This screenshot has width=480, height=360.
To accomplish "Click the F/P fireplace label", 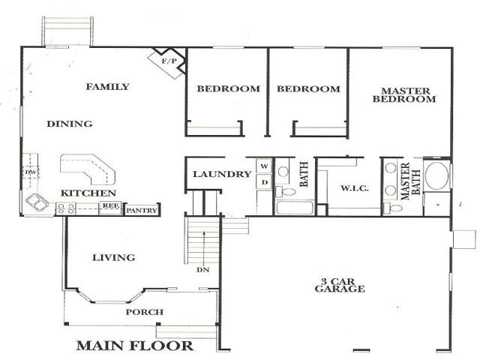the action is [169, 61].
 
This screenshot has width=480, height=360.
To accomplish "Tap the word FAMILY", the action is [108, 87].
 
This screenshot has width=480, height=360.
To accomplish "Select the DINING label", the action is [70, 124].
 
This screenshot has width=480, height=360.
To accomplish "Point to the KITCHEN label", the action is [88, 193].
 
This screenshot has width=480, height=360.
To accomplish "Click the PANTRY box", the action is [142, 210].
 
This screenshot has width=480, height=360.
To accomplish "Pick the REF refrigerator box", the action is [110, 208].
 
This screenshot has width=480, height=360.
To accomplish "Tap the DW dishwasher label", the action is [30, 172].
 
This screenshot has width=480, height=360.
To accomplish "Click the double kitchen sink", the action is [37, 202].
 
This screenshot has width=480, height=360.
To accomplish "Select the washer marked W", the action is [264, 166].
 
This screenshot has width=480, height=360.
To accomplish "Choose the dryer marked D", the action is [264, 182].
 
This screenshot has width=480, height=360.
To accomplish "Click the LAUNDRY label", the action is [222, 174].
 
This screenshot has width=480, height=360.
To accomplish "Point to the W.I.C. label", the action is [355, 188].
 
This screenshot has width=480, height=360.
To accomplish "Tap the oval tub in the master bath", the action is [436, 176].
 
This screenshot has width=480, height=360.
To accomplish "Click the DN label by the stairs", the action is [202, 270].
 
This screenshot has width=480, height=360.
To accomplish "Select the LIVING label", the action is [113, 257].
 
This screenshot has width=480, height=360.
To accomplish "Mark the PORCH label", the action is [145, 312].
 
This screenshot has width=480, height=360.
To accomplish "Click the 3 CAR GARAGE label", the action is [340, 285].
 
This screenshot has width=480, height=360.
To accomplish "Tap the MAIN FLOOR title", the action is [135, 346].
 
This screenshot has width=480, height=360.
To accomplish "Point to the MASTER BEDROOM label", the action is [404, 95].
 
